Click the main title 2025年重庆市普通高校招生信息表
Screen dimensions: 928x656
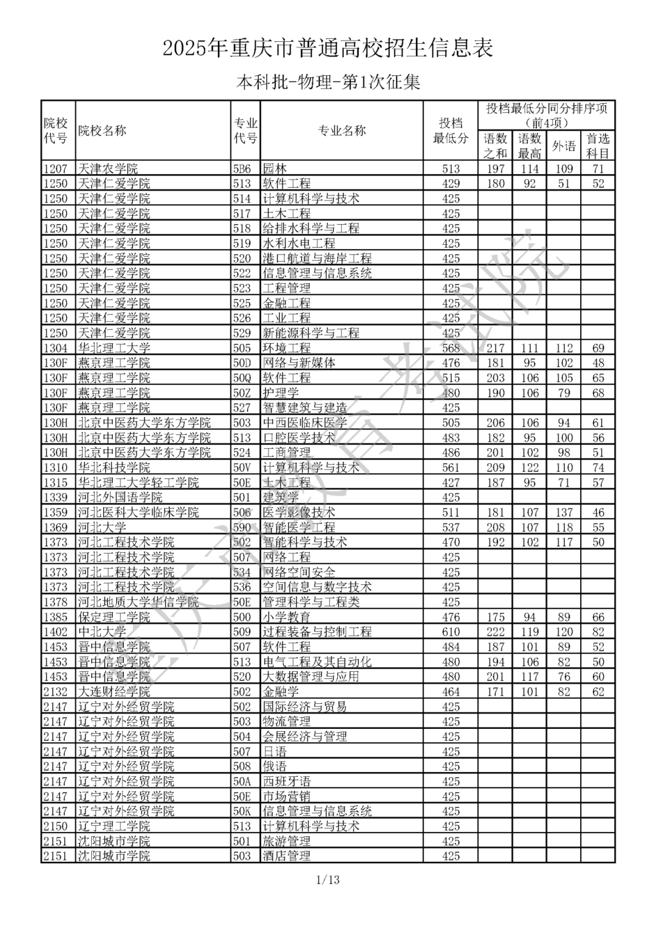[x=328, y=48]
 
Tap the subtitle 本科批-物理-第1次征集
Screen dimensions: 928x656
[x=328, y=82]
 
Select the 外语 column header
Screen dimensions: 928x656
[x=564, y=146]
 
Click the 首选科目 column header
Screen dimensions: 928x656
[x=598, y=146]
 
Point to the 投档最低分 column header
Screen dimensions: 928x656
[x=450, y=131]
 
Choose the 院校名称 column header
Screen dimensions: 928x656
[x=102, y=131]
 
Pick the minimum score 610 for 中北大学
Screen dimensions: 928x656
[x=451, y=632]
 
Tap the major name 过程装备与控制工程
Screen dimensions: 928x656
[x=316, y=632]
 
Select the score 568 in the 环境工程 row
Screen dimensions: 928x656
[x=451, y=348]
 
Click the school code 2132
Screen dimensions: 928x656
[x=55, y=692]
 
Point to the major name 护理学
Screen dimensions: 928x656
[x=281, y=393]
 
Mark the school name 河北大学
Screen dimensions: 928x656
[x=102, y=527]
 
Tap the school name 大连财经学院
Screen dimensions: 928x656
[x=114, y=692]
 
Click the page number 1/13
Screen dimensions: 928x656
[x=328, y=879]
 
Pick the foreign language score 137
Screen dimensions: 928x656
[x=564, y=513]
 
